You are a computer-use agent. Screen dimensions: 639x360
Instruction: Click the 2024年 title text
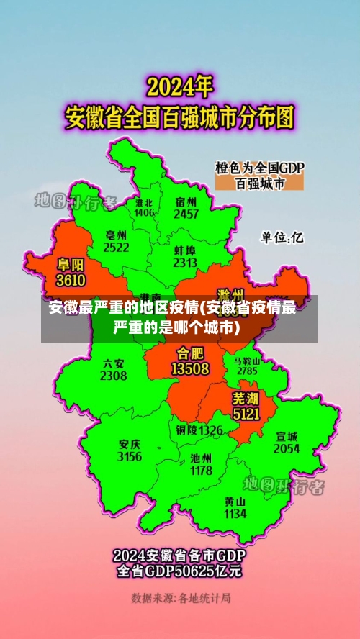coord(180,89)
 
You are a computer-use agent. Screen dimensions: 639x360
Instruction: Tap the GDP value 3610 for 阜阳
coord(71,280)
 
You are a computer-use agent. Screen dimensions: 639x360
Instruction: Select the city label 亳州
coord(116,235)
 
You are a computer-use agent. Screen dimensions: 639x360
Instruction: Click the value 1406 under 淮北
coord(144,213)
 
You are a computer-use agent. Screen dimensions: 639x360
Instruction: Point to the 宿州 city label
coord(186,202)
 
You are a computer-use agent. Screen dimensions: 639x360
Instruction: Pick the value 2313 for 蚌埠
coord(185,263)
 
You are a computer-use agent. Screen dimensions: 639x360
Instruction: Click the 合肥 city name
coord(190,354)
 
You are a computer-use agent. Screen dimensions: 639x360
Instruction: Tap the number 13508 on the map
coord(190,368)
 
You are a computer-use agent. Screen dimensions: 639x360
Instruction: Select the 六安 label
coord(113,363)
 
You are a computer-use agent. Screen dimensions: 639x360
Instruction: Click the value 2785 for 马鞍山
coord(247,371)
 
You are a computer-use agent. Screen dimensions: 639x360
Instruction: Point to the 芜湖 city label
coord(245,398)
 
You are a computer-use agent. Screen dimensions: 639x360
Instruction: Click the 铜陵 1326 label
coord(199,430)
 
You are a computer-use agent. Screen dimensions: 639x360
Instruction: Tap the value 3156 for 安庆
coord(130,456)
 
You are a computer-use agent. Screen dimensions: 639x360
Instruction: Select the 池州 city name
coord(201,458)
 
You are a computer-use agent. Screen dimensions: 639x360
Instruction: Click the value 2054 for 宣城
coord(287,448)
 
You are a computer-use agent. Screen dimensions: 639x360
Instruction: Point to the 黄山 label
coord(235,501)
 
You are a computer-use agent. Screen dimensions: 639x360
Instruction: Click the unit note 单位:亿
coord(282,237)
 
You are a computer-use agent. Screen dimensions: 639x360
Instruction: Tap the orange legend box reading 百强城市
coord(260,183)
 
